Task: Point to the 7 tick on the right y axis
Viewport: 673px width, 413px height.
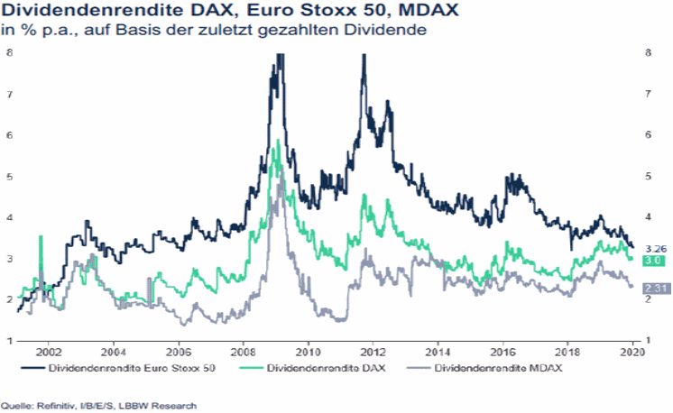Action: pyautogui.click(x=648, y=94)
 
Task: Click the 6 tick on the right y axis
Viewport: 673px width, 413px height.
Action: pyautogui.click(x=648, y=135)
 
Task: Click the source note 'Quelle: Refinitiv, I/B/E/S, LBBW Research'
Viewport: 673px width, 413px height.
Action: pyautogui.click(x=98, y=405)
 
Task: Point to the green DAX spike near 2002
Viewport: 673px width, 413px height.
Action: pyautogui.click(x=41, y=238)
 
